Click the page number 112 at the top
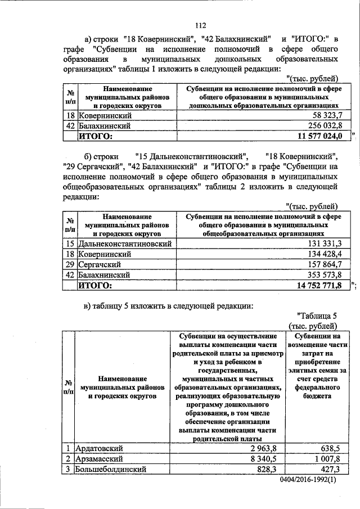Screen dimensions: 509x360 tap(201, 25)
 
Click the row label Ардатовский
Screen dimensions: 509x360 tap(102, 448)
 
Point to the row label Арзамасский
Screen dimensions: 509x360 tap(101, 458)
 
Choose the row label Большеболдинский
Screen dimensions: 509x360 tap(110, 469)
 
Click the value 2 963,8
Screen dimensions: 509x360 tap(265, 448)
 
